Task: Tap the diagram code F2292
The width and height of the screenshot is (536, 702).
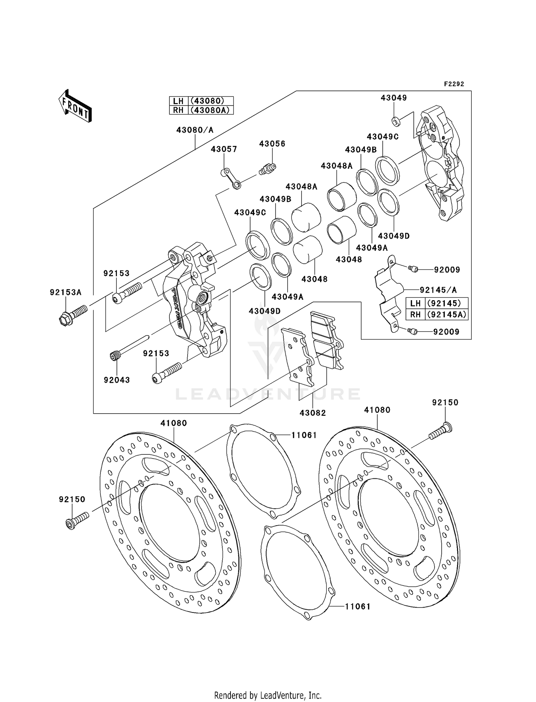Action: point(454,84)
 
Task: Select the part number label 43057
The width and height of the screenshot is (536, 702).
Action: point(224,149)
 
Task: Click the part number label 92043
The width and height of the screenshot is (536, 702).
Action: point(117,380)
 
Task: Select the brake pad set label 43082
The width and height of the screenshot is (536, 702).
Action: point(313,413)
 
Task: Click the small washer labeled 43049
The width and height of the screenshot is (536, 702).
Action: point(396,122)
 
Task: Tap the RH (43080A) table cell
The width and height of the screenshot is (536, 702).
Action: point(201,110)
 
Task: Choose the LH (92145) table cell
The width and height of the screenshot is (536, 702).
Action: point(437,303)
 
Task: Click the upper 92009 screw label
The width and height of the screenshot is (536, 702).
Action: point(447,270)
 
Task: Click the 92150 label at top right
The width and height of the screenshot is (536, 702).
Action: point(445,403)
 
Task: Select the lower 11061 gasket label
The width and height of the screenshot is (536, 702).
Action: point(357,606)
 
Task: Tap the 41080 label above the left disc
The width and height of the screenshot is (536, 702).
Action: point(174,423)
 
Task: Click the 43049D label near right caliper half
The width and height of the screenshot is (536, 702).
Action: point(394,236)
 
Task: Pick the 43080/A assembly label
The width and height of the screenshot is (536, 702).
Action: point(195,130)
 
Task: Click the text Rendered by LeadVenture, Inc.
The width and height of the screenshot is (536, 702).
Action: point(268,696)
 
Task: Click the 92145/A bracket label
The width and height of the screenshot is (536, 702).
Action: point(438,290)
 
